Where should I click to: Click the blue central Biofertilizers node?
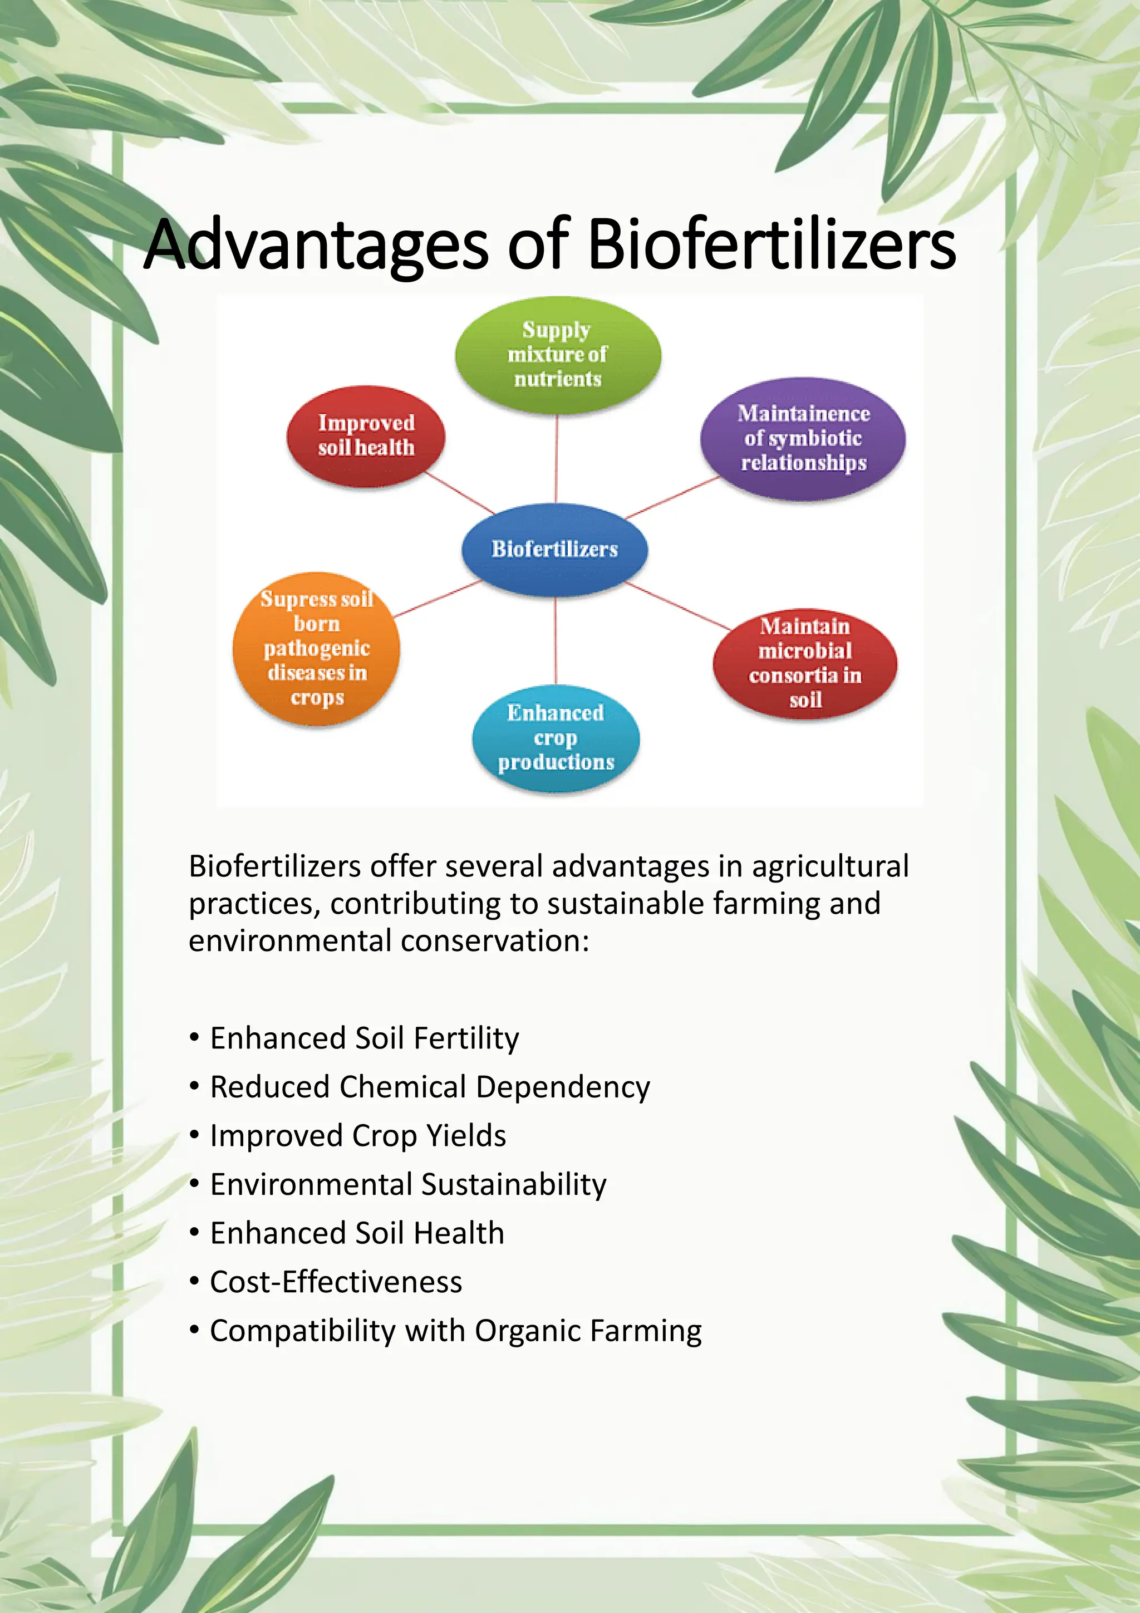555,548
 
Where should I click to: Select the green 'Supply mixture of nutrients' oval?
558,354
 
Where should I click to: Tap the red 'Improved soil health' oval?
366,435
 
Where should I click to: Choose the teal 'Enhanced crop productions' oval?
556,738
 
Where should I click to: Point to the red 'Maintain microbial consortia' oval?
805,663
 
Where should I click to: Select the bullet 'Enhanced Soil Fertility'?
365,1038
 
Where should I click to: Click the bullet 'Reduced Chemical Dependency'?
430,1087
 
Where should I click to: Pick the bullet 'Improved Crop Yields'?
358,1136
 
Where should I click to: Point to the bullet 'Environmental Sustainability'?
408,1184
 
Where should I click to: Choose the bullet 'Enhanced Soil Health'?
357,1233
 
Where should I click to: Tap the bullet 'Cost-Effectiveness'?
336,1282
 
